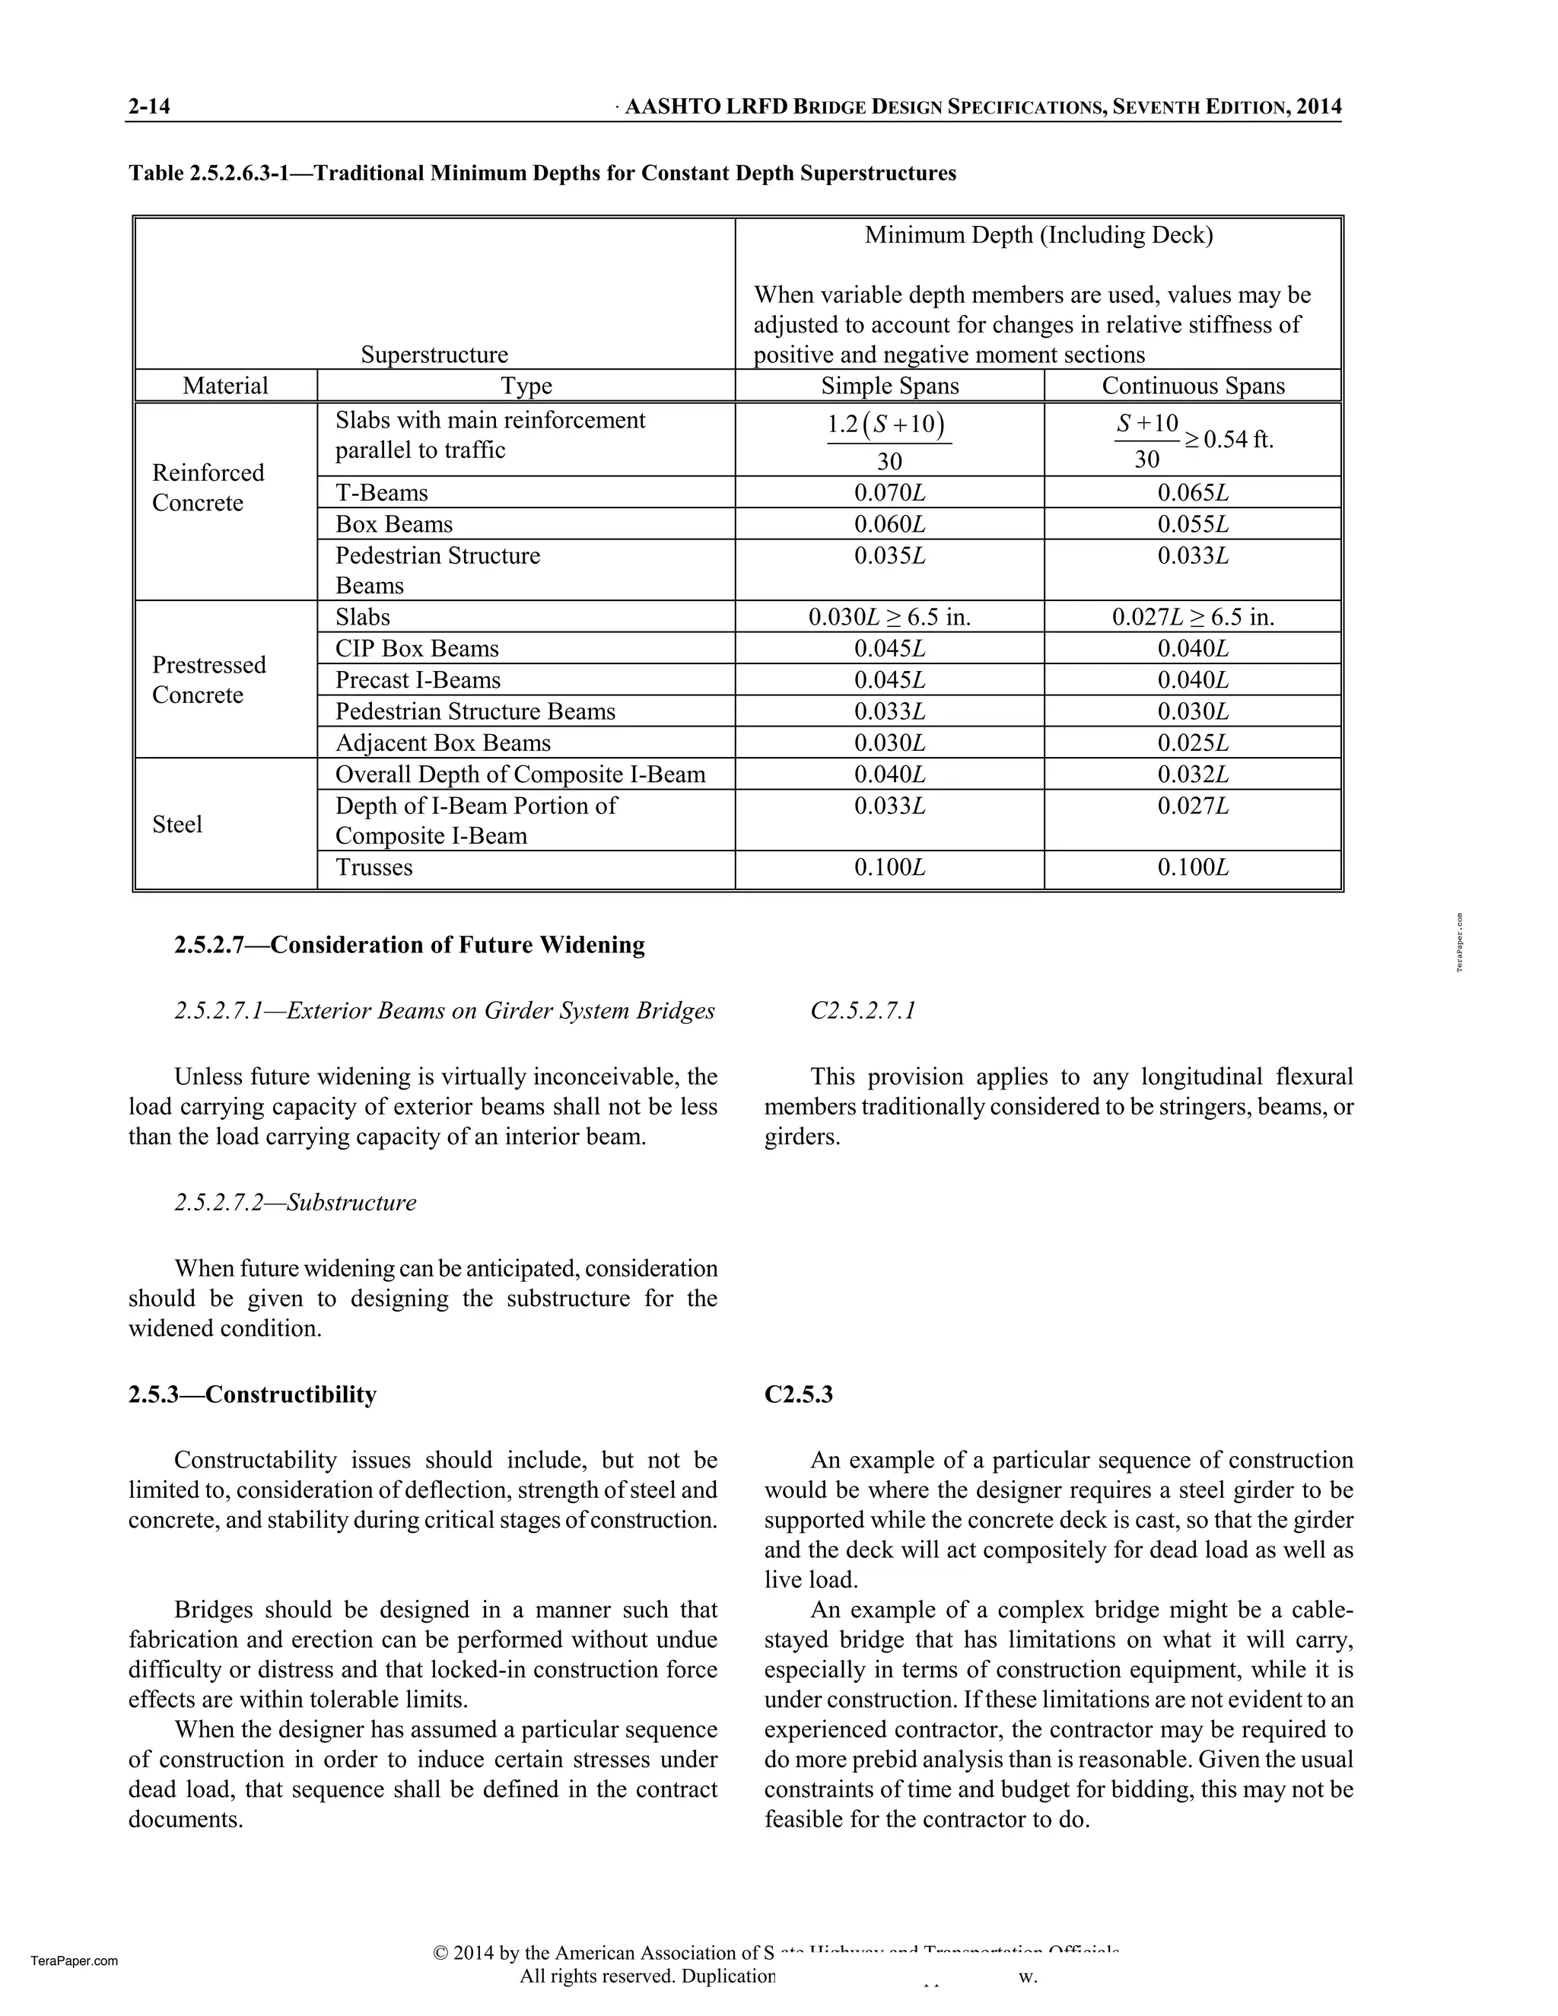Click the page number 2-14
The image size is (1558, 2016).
point(150,107)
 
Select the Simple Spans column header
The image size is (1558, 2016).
point(890,386)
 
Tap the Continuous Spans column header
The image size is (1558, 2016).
point(1193,386)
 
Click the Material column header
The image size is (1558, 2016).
point(225,386)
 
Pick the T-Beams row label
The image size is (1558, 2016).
point(381,493)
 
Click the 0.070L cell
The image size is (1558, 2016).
point(890,493)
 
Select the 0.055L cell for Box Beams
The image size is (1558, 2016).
point(1193,524)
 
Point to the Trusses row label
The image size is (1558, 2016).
point(374,868)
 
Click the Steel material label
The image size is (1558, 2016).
point(177,825)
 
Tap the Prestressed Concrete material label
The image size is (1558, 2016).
point(208,679)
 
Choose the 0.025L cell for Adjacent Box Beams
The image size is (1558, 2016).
point(1193,743)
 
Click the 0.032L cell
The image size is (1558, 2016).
point(1193,774)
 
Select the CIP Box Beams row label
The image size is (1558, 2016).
point(416,649)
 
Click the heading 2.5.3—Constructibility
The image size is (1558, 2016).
point(252,1394)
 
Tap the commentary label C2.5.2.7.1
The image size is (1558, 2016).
point(862,1011)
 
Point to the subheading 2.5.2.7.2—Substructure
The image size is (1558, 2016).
point(295,1203)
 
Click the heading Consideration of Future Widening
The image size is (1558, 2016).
point(409,945)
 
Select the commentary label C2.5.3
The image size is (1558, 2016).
point(798,1394)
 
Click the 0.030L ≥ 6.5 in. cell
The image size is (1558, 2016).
point(890,618)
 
